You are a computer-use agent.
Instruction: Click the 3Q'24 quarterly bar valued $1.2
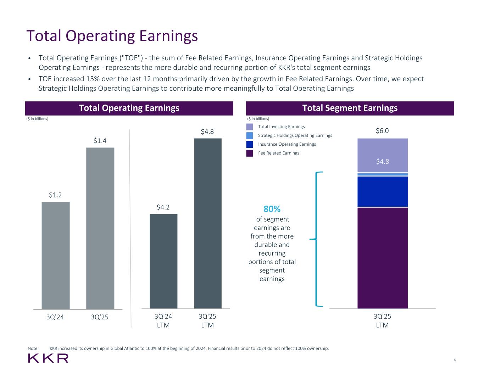pos(56,255)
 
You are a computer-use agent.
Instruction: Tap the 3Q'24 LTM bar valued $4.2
pos(163,261)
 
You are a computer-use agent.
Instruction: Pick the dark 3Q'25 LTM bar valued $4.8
pos(207,223)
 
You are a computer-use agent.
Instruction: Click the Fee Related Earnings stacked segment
pos(383,258)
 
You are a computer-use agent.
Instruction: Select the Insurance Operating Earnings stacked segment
pos(383,191)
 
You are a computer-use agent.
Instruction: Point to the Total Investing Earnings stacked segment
pos(383,155)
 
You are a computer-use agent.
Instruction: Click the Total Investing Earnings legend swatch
pos(250,127)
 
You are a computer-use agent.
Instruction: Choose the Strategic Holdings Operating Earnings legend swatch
pos(250,135)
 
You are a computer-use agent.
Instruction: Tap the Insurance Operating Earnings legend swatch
pos(250,144)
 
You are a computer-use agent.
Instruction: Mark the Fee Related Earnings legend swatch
pos(250,153)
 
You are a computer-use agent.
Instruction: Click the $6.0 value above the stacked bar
pos(382,131)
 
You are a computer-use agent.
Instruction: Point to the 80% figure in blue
pos(272,209)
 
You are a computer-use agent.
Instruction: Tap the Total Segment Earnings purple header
pos(350,108)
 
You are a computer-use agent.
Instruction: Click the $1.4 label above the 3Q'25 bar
pos(100,141)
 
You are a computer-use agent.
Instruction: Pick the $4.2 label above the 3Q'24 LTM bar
pos(163,207)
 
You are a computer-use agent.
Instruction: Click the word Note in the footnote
pos(33,348)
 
